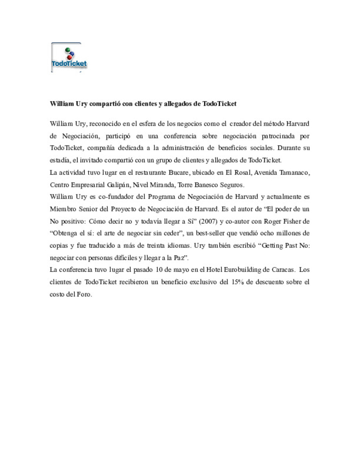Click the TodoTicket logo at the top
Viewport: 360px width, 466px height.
click(x=69, y=57)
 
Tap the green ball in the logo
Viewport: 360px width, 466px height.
click(x=68, y=50)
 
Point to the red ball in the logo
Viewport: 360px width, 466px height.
click(x=69, y=57)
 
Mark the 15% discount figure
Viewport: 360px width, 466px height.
click(x=237, y=282)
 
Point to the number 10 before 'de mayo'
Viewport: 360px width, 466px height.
click(x=159, y=270)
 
